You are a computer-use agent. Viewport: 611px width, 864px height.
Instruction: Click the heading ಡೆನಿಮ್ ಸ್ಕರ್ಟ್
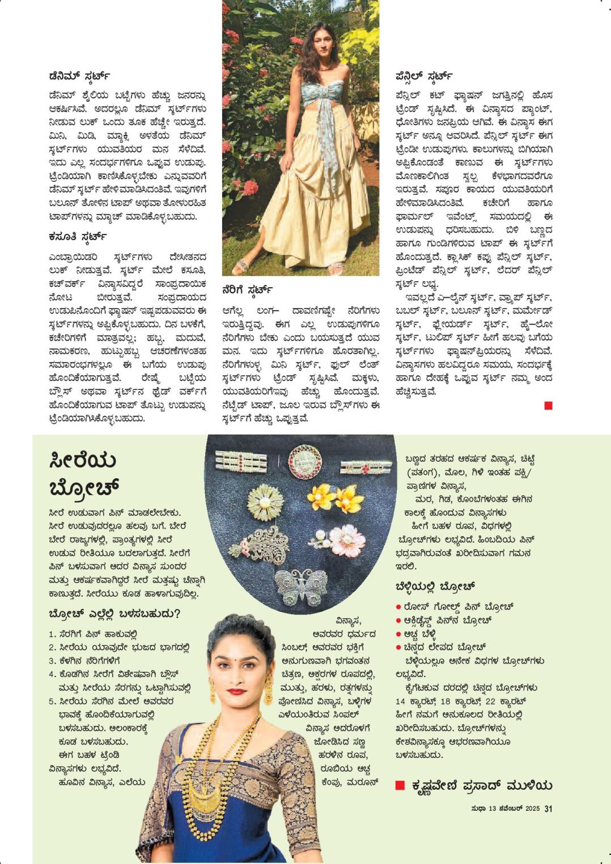(x=79, y=75)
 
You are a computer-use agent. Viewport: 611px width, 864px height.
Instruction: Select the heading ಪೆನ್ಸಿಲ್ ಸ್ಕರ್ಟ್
(x=423, y=75)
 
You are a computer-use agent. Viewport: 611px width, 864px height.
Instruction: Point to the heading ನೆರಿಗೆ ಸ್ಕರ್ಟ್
(x=248, y=291)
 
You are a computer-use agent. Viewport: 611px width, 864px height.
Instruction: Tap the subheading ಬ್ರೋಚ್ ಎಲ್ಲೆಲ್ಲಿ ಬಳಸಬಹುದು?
(x=114, y=614)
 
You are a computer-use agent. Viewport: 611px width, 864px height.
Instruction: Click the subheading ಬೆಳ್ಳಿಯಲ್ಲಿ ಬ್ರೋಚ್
(x=435, y=586)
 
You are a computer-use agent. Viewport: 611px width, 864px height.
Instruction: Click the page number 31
(x=548, y=809)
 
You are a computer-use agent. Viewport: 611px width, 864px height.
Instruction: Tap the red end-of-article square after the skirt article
(x=548, y=405)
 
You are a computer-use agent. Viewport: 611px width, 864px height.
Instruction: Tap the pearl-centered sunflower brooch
(x=264, y=502)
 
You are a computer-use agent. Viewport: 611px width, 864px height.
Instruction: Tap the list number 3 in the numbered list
(x=52, y=661)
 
